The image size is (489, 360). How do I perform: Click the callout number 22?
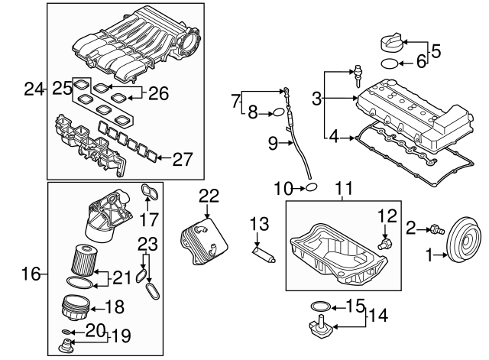(x=209, y=196)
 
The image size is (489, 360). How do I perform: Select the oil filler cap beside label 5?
(x=391, y=42)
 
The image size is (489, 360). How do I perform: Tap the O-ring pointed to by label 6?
(x=390, y=63)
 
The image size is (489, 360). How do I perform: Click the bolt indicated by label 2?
(x=436, y=230)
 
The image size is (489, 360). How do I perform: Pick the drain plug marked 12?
(x=385, y=243)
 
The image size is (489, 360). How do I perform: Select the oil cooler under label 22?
(x=203, y=242)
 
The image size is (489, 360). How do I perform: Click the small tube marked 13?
(x=264, y=255)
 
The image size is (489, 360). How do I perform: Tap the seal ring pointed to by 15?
(x=320, y=306)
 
